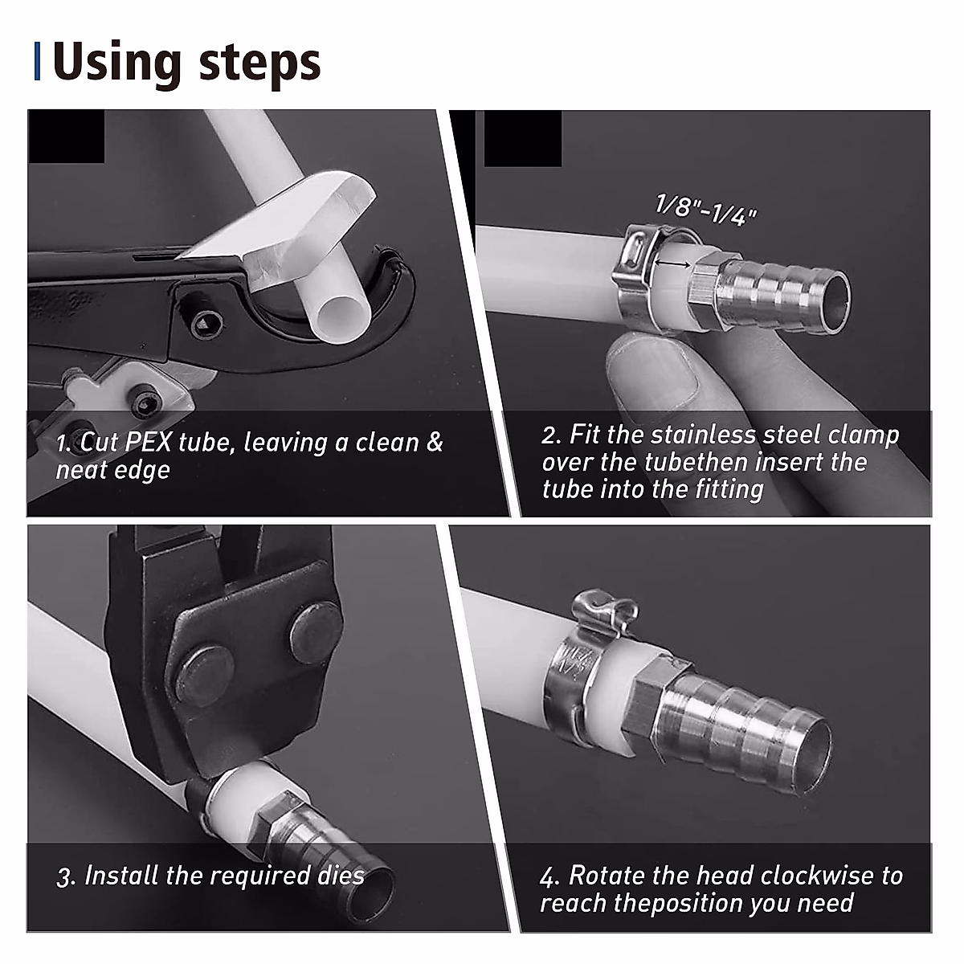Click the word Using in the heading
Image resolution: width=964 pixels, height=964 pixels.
tap(116, 62)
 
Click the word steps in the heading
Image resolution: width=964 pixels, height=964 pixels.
tap(259, 64)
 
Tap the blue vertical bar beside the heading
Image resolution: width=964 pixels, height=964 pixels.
tap(37, 62)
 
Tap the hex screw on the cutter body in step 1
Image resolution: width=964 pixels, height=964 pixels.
tap(205, 325)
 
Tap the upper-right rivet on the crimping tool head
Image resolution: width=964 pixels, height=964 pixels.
tap(315, 632)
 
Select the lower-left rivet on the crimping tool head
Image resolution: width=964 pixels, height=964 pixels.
tap(205, 676)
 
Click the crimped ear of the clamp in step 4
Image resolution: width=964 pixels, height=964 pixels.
tap(606, 609)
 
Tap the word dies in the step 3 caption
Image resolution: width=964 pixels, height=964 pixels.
tap(341, 876)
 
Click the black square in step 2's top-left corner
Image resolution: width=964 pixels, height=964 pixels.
tap(523, 138)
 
